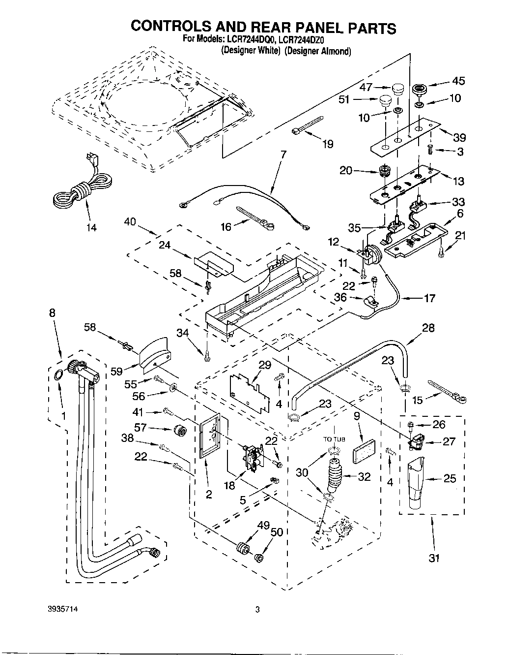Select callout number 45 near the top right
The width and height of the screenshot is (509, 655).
coord(458,81)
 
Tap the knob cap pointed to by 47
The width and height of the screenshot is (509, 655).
coord(396,89)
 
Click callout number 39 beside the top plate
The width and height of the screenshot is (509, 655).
coord(459,137)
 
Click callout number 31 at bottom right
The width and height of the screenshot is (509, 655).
coord(434,558)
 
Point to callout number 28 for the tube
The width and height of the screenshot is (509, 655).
coord(428,328)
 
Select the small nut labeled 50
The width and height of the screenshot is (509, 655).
coord(259,558)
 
